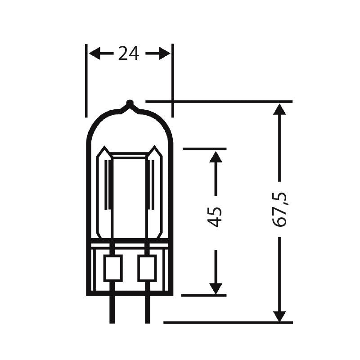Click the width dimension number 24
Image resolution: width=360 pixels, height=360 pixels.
pos(129,54)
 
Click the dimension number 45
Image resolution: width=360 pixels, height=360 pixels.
pos(216,217)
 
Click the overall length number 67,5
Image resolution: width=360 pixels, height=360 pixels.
pos(280,209)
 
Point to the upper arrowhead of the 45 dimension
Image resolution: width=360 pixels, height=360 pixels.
pos(216,157)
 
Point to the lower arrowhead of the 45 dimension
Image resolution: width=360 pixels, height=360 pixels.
pos(216,288)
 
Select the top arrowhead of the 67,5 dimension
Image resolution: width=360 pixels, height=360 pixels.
pos(279,109)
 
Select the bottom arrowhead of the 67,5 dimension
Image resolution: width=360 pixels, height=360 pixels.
pos(279,315)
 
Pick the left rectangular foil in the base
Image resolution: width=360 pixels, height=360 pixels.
pos(112,268)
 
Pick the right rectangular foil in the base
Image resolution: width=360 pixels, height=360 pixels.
pos(147,268)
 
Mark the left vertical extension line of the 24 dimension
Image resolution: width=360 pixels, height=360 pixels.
pos(86,81)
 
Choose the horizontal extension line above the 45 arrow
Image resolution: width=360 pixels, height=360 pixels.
pos(204,148)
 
